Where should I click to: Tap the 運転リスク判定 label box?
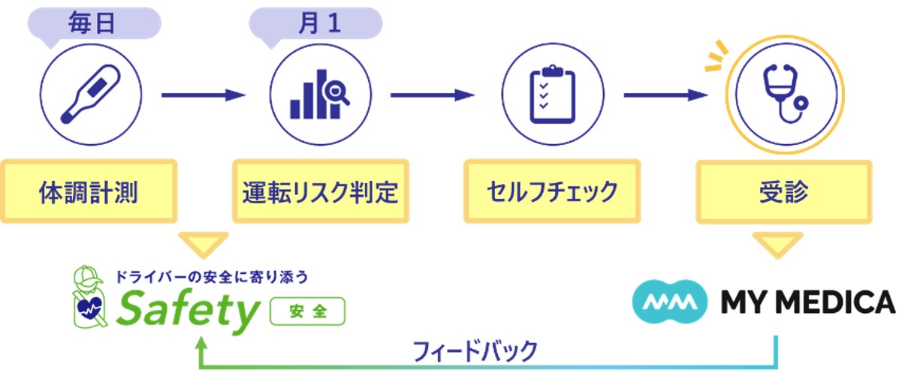click(319, 191)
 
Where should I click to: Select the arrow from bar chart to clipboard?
click(433, 95)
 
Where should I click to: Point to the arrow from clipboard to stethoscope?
click(666, 95)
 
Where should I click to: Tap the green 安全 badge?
click(307, 311)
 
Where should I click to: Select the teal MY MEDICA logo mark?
click(671, 302)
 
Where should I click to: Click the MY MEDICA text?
click(807, 303)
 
